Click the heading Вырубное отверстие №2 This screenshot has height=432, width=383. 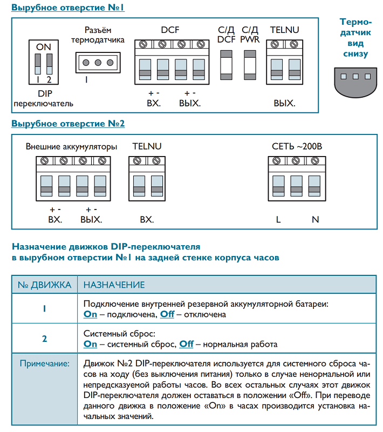pyautogui.click(x=68, y=124)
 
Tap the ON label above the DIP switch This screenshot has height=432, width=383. pyautogui.click(x=44, y=48)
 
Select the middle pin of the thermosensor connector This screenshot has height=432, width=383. pyautogui.click(x=98, y=63)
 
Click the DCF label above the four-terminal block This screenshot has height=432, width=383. pyautogui.click(x=170, y=30)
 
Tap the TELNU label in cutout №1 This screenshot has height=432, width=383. pyautogui.click(x=284, y=30)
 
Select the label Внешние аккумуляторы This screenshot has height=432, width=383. pyautogui.click(x=71, y=146)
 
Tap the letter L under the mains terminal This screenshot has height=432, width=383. pyautogui.click(x=278, y=219)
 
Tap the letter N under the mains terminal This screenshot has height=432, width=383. pyautogui.click(x=316, y=219)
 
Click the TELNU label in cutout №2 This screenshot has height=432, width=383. pyautogui.click(x=147, y=146)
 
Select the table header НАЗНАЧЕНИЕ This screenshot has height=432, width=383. pyautogui.click(x=114, y=285)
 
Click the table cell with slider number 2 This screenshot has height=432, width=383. pyautogui.click(x=44, y=339)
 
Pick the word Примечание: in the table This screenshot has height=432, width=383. pyautogui.click(x=45, y=364)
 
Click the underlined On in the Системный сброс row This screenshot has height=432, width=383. pyautogui.click(x=91, y=344)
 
